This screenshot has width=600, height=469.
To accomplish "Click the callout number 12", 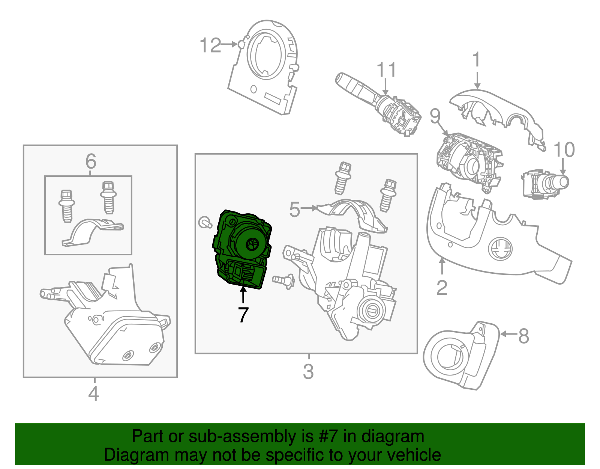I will pyautogui.click(x=210, y=45).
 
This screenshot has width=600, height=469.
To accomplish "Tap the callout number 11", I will pyautogui.click(x=386, y=70).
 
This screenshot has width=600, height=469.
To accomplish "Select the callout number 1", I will pyautogui.click(x=476, y=60).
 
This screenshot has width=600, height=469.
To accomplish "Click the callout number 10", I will pyautogui.click(x=564, y=150).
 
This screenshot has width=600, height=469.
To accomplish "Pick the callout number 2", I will pyautogui.click(x=442, y=288).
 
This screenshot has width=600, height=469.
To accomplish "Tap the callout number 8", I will pyautogui.click(x=523, y=336).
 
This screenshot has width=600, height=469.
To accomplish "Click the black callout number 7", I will pyautogui.click(x=243, y=315).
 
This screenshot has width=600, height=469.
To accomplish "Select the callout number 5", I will pyautogui.click(x=295, y=209).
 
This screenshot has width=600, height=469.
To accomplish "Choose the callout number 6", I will pyautogui.click(x=91, y=161).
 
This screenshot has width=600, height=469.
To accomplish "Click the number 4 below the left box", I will pyautogui.click(x=93, y=394).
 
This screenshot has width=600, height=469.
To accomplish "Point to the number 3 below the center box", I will pyautogui.click(x=308, y=372).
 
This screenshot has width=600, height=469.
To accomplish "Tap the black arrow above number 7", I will pyautogui.click(x=243, y=294).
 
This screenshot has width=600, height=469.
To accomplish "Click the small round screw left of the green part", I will pyautogui.click(x=205, y=223).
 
